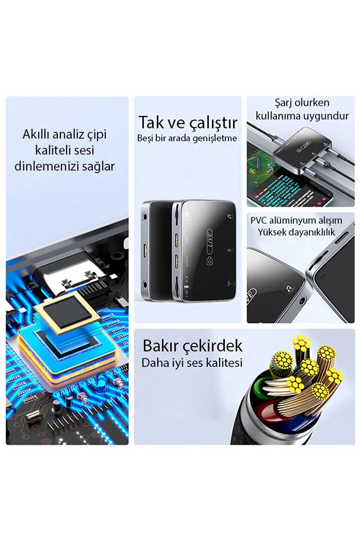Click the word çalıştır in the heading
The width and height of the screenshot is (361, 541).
213,122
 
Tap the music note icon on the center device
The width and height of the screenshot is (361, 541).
230,216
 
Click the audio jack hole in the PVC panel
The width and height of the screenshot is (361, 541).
302,299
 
